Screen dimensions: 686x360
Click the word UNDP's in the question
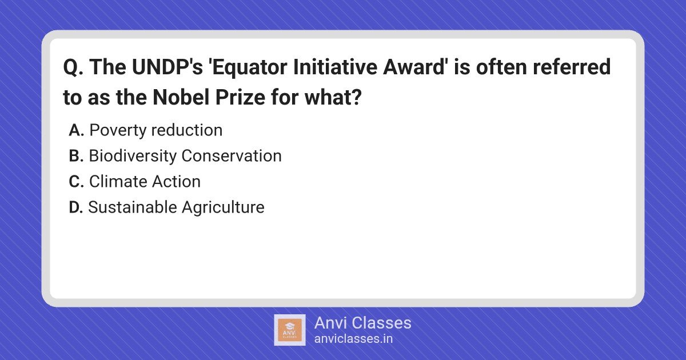(167, 67)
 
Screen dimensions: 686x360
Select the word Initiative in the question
(335, 66)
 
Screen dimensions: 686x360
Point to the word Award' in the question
(415, 66)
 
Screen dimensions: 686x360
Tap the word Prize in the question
(241, 98)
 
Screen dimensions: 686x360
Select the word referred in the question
(572, 66)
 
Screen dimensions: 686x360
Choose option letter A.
(76, 130)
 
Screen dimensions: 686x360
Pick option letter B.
(76, 156)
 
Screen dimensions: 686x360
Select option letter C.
(76, 182)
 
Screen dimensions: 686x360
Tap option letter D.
(76, 207)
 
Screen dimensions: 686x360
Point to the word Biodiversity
(133, 156)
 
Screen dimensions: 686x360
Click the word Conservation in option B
(232, 156)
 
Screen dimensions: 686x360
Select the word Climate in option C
(118, 181)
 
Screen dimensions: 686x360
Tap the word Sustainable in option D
(133, 207)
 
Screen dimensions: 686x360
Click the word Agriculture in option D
(223, 208)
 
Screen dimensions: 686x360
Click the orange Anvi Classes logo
(290, 330)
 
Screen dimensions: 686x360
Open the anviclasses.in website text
(353, 338)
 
